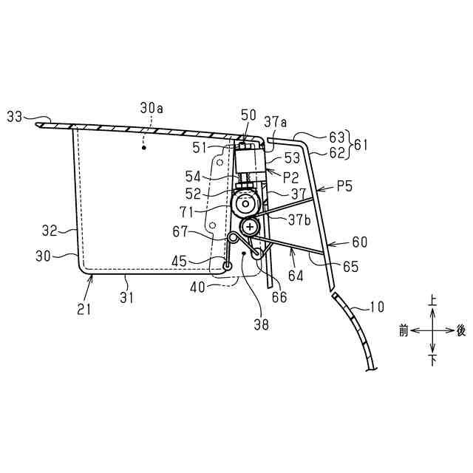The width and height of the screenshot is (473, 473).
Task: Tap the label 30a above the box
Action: coord(152,108)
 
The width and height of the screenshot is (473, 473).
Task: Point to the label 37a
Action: coord(276,120)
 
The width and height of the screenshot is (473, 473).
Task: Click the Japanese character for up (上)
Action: coord(433,302)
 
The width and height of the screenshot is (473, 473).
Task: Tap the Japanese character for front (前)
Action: coord(404,332)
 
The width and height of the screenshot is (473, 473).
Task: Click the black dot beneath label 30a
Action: coord(145,148)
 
